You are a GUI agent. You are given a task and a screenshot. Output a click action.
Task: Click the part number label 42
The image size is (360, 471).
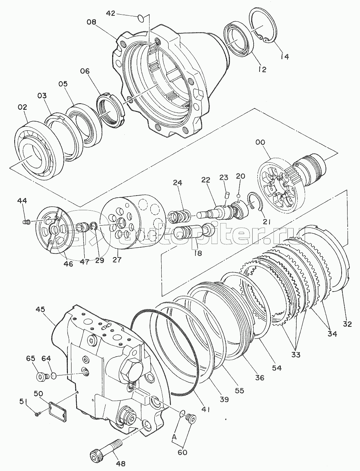pyautogui.click(x=111, y=13)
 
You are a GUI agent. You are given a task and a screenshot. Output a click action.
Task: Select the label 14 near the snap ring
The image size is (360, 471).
pyautogui.click(x=284, y=56)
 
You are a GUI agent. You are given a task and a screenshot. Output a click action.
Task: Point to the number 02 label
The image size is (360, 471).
pyautogui.click(x=22, y=107)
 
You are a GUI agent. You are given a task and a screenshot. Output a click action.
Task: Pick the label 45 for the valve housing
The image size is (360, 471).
pyautogui.click(x=40, y=309)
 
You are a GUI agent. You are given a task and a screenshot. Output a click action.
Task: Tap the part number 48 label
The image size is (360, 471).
pyautogui.click(x=120, y=464)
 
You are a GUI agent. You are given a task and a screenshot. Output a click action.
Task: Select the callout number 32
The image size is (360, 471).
pyautogui.click(x=347, y=324)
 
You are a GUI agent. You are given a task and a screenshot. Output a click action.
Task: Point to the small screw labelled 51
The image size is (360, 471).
pyautogui.click(x=37, y=414)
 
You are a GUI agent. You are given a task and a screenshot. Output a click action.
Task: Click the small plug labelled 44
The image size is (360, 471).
pyautogui.click(x=26, y=222)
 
